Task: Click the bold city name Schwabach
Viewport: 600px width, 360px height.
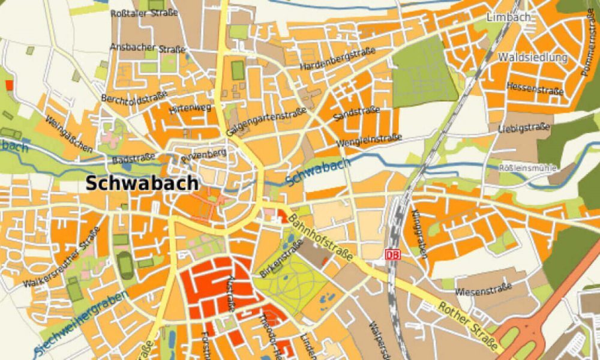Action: click(x=142, y=183)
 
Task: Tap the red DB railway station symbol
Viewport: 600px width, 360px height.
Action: click(x=392, y=254)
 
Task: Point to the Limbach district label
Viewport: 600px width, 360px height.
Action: click(x=511, y=17)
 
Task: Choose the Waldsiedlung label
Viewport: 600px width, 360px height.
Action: click(x=532, y=58)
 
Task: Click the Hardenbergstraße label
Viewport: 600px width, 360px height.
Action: click(x=337, y=59)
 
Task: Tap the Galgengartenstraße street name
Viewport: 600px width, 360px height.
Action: click(x=266, y=121)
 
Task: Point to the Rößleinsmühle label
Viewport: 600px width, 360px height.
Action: click(x=529, y=168)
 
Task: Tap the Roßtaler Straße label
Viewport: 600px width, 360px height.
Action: click(x=144, y=13)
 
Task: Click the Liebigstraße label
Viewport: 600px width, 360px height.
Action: click(x=524, y=127)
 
